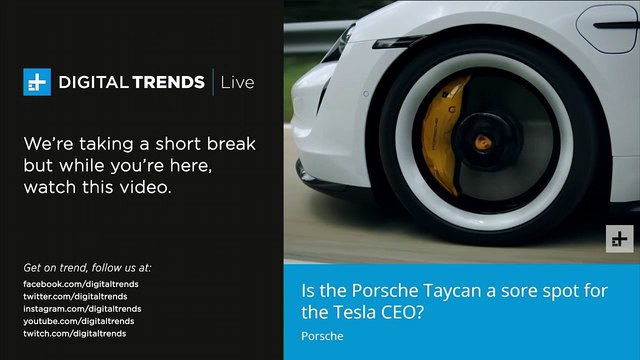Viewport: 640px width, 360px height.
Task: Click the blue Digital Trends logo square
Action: pyautogui.click(x=37, y=82)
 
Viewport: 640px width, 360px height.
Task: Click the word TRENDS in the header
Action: pyautogui.click(x=168, y=82)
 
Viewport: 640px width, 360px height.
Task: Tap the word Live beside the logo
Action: pyautogui.click(x=237, y=82)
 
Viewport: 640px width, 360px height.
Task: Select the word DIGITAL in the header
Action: pyautogui.click(x=92, y=82)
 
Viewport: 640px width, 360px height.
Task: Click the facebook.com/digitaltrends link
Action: pyautogui.click(x=81, y=284)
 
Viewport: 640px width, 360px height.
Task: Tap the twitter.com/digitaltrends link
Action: pyautogui.click(x=75, y=296)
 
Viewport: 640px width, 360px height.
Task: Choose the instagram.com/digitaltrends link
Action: pyautogui.click(x=82, y=309)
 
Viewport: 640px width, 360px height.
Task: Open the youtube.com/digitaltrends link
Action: pyautogui.click(x=79, y=321)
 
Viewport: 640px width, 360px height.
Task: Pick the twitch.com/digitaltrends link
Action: pyautogui.click(x=75, y=333)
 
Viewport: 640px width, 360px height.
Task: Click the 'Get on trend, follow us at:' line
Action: pyautogui.click(x=87, y=268)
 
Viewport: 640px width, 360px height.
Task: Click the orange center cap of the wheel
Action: pyautogui.click(x=483, y=142)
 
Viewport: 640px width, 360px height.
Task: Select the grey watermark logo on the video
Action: pyautogui.click(x=620, y=239)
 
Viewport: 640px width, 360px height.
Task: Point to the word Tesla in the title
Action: pyautogui.click(x=355, y=312)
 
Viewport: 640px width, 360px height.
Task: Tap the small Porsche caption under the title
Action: pyautogui.click(x=322, y=336)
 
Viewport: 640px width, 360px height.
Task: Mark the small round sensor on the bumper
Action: pyautogui.click(x=366, y=94)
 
